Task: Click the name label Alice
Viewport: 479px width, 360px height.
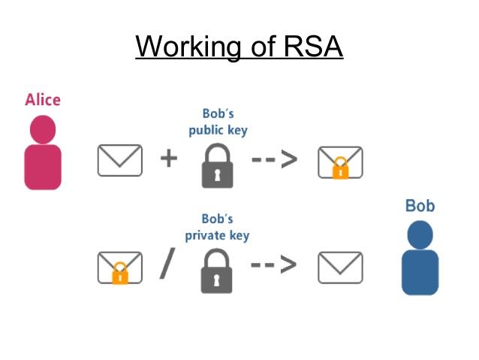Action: pos(43,100)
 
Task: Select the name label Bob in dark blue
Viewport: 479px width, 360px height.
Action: pos(420,205)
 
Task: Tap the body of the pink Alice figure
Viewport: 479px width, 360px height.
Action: pos(43,166)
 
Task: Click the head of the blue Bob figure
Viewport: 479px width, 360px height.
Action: pos(420,234)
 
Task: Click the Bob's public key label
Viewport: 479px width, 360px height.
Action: pos(218,122)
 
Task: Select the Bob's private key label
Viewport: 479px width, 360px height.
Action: pos(218,228)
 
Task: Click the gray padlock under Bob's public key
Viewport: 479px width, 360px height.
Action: pos(217,167)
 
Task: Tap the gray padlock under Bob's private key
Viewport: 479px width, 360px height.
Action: pos(217,272)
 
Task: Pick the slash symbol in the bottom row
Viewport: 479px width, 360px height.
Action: pos(167,265)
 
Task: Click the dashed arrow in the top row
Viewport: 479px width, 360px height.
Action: pos(274,160)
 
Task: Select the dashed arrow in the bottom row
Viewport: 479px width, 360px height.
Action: pos(274,265)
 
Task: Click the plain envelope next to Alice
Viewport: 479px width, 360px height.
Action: pos(119,160)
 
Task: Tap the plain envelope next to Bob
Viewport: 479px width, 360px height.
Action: pos(340,267)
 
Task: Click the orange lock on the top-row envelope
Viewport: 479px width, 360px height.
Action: pos(340,169)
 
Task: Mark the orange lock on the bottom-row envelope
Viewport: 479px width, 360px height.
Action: pos(119,274)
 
